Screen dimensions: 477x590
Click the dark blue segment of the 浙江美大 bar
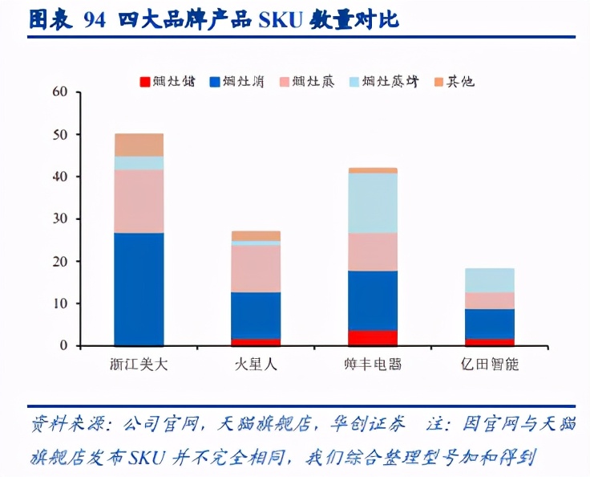139,289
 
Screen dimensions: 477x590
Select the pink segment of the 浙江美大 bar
139,201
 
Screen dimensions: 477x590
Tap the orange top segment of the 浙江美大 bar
139,145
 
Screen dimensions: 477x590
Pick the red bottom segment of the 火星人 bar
256,342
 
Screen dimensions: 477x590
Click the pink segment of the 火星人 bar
256,268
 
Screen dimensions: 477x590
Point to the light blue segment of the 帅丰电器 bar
373,203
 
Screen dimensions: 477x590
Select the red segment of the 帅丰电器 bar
373,338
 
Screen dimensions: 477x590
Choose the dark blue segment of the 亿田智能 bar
490,324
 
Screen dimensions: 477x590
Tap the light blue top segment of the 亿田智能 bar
490,279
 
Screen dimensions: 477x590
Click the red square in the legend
145,81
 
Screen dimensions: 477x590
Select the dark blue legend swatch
215,81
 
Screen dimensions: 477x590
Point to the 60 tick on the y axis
60,92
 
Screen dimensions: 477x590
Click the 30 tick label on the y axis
60,218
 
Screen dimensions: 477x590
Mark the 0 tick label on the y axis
64,345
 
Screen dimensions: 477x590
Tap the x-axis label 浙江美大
139,365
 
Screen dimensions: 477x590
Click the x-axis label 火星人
256,365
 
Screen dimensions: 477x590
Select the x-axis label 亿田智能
490,365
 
